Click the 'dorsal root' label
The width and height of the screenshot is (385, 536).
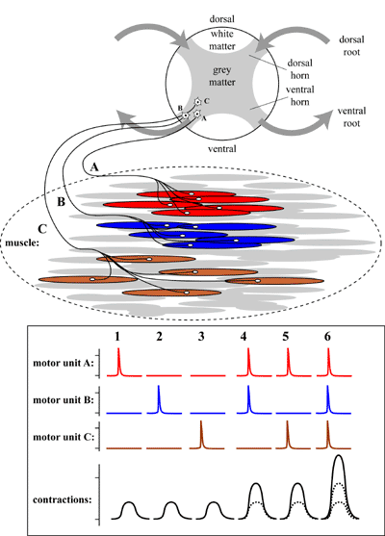pos(351,46)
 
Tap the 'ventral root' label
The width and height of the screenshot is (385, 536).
pos(351,116)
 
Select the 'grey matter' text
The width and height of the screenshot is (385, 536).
pos(222,76)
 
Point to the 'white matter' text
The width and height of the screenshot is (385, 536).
pos(222,40)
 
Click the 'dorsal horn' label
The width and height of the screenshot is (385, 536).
pos(300,68)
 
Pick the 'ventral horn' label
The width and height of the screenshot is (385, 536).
pos(300,95)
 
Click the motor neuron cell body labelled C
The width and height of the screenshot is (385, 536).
pos(197,102)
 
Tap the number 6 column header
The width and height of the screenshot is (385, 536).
pos(327,337)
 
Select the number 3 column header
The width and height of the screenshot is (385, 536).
pos(201,337)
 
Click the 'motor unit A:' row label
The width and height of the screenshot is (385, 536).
pos(64,363)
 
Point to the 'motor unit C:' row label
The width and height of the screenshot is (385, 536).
pos(64,437)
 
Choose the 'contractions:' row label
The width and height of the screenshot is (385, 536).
pos(63,499)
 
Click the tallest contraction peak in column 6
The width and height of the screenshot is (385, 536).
pos(339,456)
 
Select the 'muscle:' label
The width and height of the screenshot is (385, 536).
pos(20,242)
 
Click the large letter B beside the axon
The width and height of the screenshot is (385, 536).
pos(61,202)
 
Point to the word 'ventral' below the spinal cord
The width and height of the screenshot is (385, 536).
pos(222,149)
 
